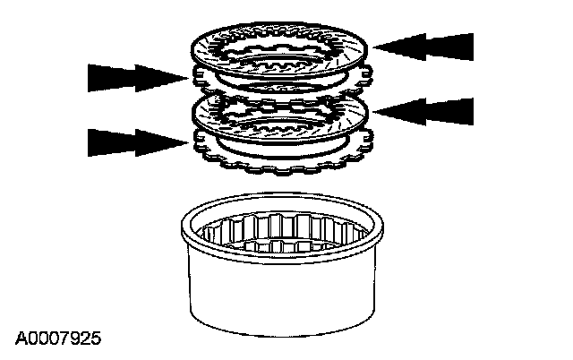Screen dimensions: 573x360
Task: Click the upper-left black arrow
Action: (x=134, y=78)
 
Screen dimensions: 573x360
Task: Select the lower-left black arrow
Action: (x=134, y=142)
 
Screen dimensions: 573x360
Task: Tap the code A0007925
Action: (x=58, y=339)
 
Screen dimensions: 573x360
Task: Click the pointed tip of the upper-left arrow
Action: (x=188, y=78)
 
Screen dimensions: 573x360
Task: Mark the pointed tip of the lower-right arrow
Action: (x=373, y=111)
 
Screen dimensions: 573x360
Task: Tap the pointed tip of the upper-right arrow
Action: (x=373, y=45)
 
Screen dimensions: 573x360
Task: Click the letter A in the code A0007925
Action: (x=20, y=339)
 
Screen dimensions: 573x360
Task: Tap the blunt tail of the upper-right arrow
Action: (x=471, y=45)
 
